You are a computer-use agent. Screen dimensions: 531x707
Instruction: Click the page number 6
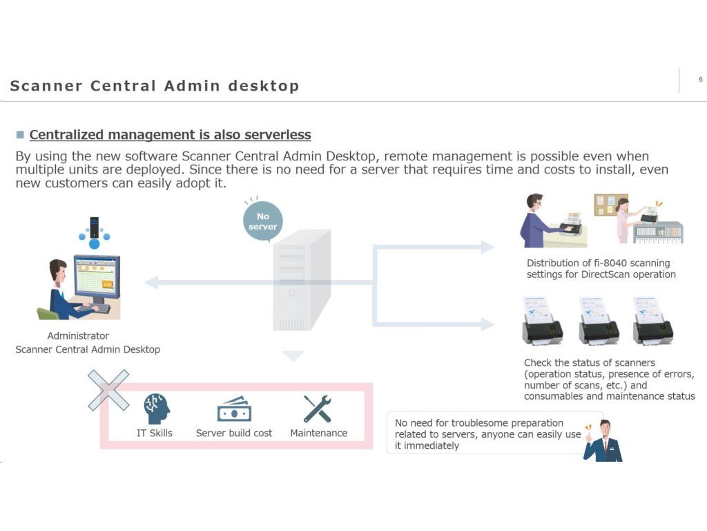pos(701,80)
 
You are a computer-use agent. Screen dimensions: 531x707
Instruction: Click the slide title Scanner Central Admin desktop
pos(155,86)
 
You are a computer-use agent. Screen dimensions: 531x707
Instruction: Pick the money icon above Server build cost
pos(234,409)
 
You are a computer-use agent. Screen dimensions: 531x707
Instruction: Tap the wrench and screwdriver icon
pos(318,409)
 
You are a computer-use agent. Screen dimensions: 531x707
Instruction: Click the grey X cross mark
pos(108,390)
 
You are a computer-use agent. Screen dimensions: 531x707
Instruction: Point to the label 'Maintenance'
pos(318,433)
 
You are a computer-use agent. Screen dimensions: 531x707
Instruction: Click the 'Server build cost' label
pos(234,433)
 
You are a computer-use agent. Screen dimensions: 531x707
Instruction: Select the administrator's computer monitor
pos(97,276)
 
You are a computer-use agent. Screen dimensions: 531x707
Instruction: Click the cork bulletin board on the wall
pos(611,205)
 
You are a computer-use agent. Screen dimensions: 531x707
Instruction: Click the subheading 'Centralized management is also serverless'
pos(170,135)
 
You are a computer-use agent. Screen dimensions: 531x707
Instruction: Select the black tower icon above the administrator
pos(95,227)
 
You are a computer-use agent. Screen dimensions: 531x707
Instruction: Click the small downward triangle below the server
pos(293,356)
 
